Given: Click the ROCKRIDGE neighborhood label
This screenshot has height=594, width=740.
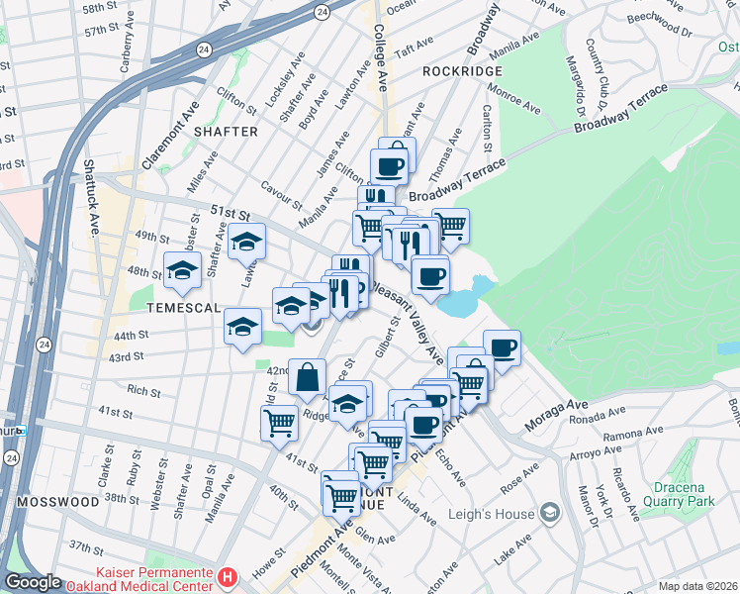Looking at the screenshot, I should [x=462, y=71].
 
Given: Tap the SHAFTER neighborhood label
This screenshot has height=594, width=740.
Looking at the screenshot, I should [x=226, y=132].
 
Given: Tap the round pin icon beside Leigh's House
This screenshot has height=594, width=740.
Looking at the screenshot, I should [x=550, y=513].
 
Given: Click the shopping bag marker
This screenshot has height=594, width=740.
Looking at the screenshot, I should [x=307, y=376].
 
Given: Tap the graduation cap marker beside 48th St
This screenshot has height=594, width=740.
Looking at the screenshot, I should [x=183, y=270].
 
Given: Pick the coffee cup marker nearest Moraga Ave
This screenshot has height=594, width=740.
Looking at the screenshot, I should [x=502, y=347].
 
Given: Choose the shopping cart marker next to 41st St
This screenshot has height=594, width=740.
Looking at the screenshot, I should [x=279, y=423].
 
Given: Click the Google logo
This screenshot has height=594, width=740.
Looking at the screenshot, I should [x=34, y=581].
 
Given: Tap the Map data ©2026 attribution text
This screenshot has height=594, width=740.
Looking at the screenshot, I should [x=696, y=586].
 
